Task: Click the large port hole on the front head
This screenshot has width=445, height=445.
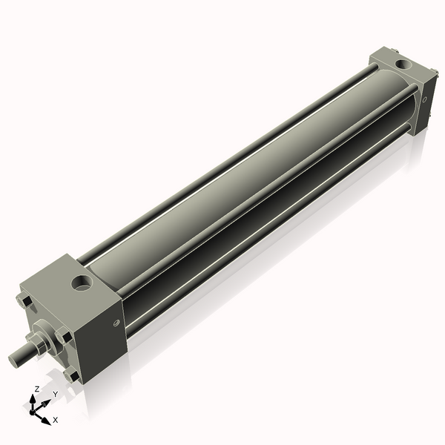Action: pos(81,283)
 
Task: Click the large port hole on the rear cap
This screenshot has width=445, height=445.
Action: pos(403,65)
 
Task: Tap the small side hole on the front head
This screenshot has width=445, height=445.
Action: pos(116,323)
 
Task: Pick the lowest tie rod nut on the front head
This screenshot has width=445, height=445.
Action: pos(71,376)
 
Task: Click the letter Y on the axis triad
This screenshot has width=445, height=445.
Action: pos(55,395)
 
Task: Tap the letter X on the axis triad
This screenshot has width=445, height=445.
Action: pos(56,420)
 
